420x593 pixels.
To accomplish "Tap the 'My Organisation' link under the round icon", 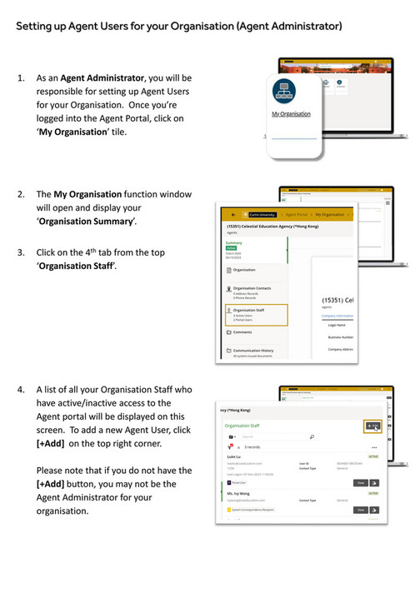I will pyautogui.click(x=291, y=114).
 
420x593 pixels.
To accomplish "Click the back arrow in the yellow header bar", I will pyautogui.click(x=233, y=214).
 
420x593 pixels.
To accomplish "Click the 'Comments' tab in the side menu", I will pyautogui.click(x=242, y=331).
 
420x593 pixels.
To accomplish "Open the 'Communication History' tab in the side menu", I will pyautogui.click(x=253, y=351).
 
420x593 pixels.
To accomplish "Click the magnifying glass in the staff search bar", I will pyautogui.click(x=312, y=436).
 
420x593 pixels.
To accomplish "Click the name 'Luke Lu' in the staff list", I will pyautogui.click(x=234, y=457).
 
